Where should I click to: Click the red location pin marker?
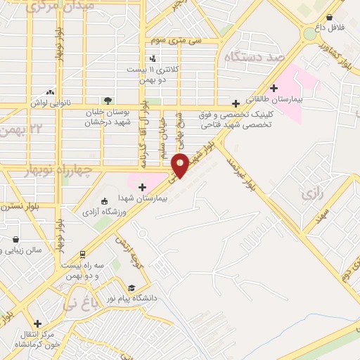click(x=181, y=165)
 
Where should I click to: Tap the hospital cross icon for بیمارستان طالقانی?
click(x=274, y=87)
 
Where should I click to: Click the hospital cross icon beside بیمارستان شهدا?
click(x=143, y=187)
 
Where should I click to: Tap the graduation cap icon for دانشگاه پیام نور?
click(x=131, y=288)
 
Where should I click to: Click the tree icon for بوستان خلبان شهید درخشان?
click(x=108, y=100)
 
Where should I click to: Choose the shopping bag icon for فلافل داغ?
click(x=329, y=18)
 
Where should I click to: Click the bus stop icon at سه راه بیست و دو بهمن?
click(x=83, y=254)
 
